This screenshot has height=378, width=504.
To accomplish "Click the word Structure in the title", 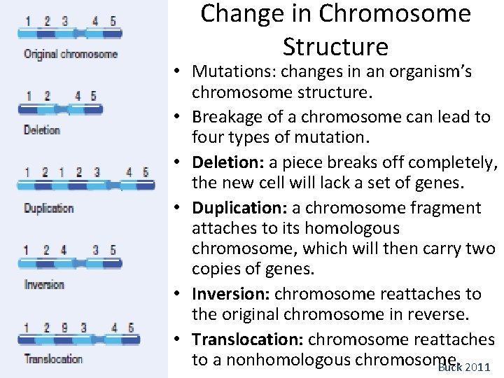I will tap(335, 46).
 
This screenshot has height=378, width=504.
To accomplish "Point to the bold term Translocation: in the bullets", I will tap(248, 339).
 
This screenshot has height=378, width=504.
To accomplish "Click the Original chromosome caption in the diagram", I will tap(70, 54).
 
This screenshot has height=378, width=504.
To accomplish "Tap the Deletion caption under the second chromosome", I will tap(42, 129).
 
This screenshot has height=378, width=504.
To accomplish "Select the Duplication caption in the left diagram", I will tap(48, 208).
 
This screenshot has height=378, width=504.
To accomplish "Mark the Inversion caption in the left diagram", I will tap(44, 284).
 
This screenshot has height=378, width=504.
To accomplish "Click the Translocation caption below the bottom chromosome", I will tap(53, 359).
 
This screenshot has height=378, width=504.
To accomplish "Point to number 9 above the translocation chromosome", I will tap(65, 328).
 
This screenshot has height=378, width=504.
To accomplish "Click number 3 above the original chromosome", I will tap(65, 21).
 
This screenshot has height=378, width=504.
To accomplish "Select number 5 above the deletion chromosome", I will tap(94, 96).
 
